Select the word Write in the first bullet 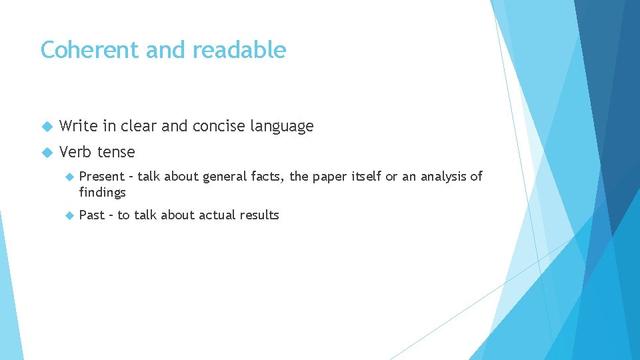[x=79, y=126]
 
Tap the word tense [x=116, y=152]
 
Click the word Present [x=102, y=177]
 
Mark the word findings [x=102, y=193]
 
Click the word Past [x=92, y=215]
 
